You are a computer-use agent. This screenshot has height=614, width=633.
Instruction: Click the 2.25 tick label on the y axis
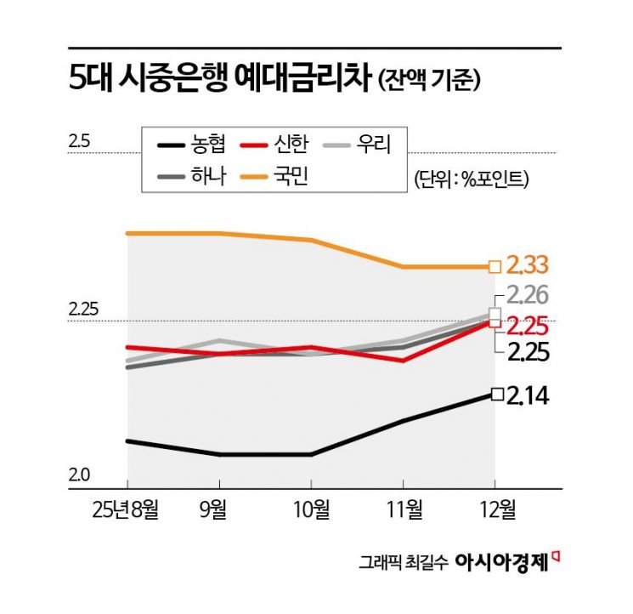tap(83, 310)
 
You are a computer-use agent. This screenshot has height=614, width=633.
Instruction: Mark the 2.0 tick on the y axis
tap(78, 477)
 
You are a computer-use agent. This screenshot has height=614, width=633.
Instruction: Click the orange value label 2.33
tap(528, 265)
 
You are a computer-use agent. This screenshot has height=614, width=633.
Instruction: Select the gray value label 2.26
tap(528, 296)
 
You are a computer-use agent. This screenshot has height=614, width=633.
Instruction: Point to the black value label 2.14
tap(528, 395)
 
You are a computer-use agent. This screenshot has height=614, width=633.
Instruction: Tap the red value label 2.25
tap(528, 326)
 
